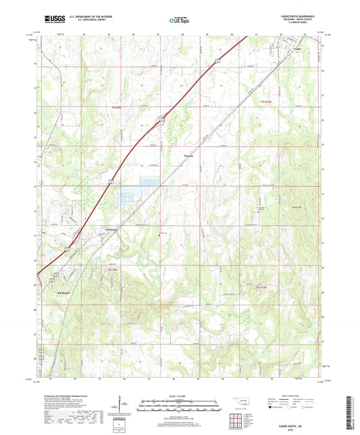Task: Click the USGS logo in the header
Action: tap(52, 20)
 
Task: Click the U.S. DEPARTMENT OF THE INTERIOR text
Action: tap(92, 16)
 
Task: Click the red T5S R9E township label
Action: tap(118, 107)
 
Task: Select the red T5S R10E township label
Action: tap(268, 101)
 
